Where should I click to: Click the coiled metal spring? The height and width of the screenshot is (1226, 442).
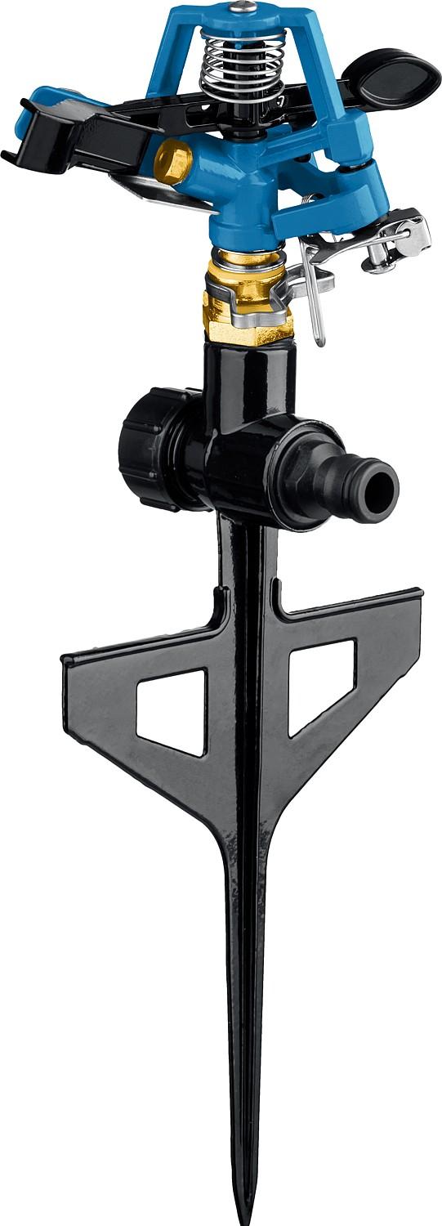pos(232,61)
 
